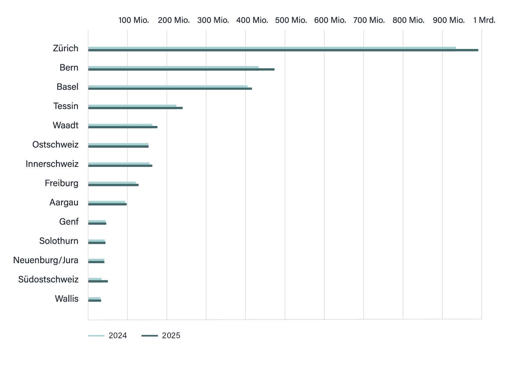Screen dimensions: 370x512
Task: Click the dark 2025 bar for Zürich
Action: pos(283,50)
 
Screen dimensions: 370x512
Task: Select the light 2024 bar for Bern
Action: pos(173,67)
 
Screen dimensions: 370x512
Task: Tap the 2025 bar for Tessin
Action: pos(135,108)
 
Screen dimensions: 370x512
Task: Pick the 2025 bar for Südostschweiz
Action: pos(98,281)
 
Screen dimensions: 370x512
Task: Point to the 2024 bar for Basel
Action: pos(168,86)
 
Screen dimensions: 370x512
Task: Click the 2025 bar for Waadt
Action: pos(123,127)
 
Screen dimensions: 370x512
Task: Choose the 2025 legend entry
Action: pos(161,336)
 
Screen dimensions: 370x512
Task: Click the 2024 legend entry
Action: pos(108,336)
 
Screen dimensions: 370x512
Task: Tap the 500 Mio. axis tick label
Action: pos(291,20)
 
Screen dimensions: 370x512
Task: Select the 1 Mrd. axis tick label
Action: pos(484,20)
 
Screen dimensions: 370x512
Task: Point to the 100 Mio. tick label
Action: pos(133,20)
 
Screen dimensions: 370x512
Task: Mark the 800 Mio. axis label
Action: pos(408,20)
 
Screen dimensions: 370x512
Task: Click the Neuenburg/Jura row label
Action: pos(46,260)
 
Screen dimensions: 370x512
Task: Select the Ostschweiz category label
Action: pos(55,145)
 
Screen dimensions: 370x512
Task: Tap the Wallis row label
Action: pos(67,299)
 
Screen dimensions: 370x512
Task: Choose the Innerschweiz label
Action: pos(52,164)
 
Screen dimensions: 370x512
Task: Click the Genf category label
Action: pos(69,222)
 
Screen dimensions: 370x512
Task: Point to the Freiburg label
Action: pos(61,183)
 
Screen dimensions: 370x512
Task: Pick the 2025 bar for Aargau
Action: pos(108,204)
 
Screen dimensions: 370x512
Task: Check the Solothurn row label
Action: pos(59,241)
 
